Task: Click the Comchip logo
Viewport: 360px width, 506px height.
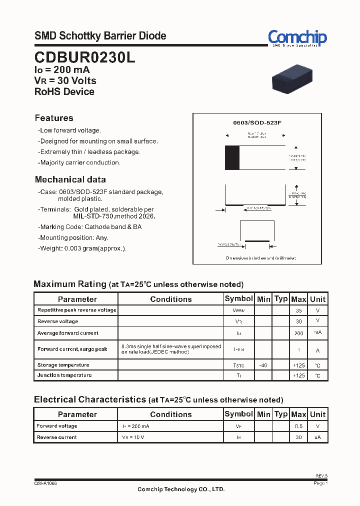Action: click(x=297, y=38)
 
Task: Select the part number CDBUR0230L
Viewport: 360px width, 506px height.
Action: click(x=84, y=57)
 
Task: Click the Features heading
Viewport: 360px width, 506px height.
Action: click(x=54, y=118)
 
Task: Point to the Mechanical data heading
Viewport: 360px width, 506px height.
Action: click(x=70, y=179)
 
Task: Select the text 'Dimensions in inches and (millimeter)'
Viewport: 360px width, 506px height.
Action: click(x=260, y=258)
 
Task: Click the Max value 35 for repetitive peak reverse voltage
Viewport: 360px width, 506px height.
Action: click(x=298, y=310)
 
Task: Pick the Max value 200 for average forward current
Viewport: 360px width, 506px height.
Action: click(x=298, y=333)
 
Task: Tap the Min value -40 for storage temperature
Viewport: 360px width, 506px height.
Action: click(x=263, y=365)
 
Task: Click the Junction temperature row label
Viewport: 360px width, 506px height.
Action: click(x=64, y=375)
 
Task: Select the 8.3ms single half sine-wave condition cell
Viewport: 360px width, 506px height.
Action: click(x=170, y=349)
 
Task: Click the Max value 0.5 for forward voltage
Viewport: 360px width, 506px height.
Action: click(x=298, y=426)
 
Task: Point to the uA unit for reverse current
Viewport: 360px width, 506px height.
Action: click(x=317, y=437)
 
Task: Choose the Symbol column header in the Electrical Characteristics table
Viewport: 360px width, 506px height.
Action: click(x=238, y=414)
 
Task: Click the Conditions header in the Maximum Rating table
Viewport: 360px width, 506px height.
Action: click(x=170, y=299)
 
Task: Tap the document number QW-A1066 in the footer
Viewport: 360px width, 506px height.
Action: click(x=45, y=484)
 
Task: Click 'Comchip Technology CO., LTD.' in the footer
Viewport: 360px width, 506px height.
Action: click(x=181, y=489)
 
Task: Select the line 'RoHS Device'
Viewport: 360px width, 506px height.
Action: click(x=64, y=91)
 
